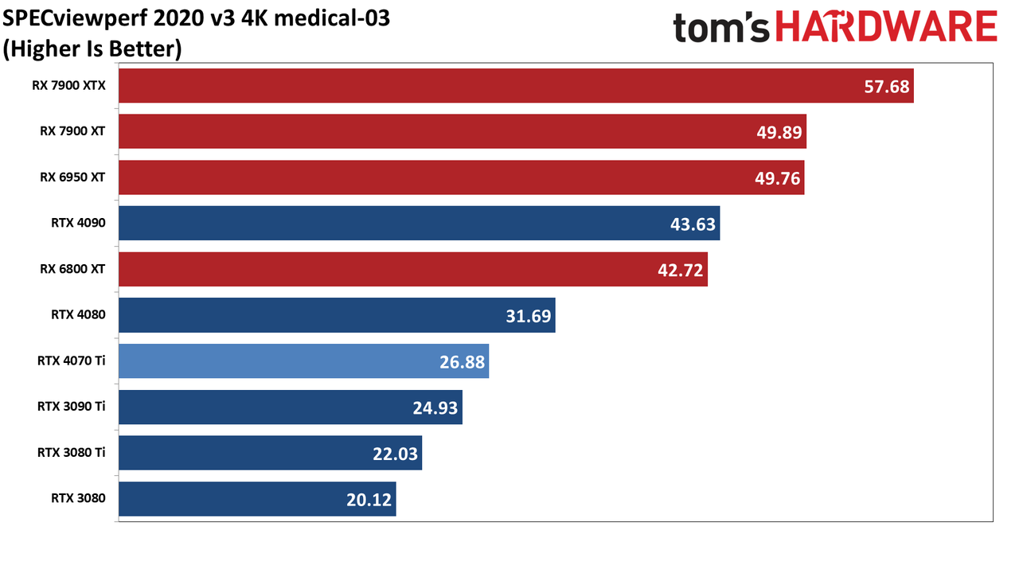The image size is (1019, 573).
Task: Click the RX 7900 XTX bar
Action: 516,86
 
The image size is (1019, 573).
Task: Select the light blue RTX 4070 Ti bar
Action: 304,361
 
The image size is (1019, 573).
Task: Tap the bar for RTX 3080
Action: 257,499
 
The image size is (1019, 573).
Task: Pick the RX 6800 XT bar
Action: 413,269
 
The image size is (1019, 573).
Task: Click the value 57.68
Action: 886,87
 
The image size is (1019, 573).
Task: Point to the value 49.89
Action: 779,132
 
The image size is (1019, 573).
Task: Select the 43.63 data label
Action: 693,224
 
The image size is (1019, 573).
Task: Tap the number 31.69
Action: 528,316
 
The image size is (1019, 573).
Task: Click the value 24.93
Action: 435,408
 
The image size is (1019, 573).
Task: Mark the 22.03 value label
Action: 395,454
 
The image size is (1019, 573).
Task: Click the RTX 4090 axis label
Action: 78,223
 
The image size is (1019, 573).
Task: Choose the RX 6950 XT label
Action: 72,177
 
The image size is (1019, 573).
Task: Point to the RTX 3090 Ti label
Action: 72,406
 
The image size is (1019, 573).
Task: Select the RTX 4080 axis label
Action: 78,314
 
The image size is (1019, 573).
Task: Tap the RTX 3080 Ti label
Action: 72,453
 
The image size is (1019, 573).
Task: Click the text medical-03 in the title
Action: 332,18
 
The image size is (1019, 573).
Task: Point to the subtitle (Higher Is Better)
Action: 92,49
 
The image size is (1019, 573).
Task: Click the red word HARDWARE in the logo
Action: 886,26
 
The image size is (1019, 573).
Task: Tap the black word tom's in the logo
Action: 721,27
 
